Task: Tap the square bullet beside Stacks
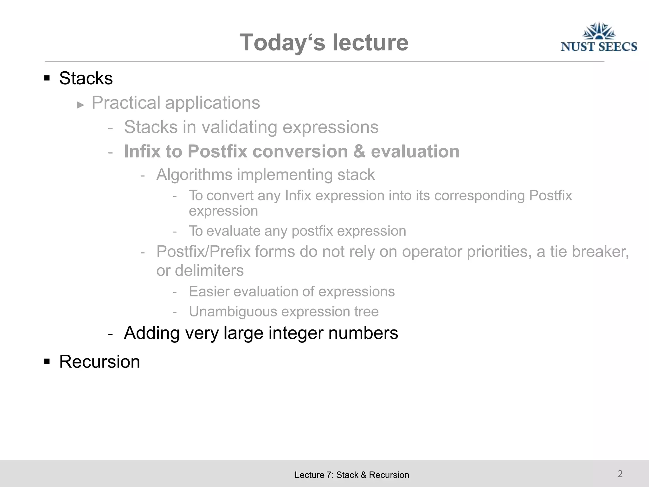(47, 78)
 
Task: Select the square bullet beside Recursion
(47, 361)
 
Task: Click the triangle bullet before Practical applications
(80, 105)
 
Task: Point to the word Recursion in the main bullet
(100, 361)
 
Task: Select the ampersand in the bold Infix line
(359, 151)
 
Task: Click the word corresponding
(479, 196)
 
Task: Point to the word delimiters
(209, 270)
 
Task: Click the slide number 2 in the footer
(620, 474)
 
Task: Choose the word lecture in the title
(370, 43)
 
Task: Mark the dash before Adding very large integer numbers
(110, 334)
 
